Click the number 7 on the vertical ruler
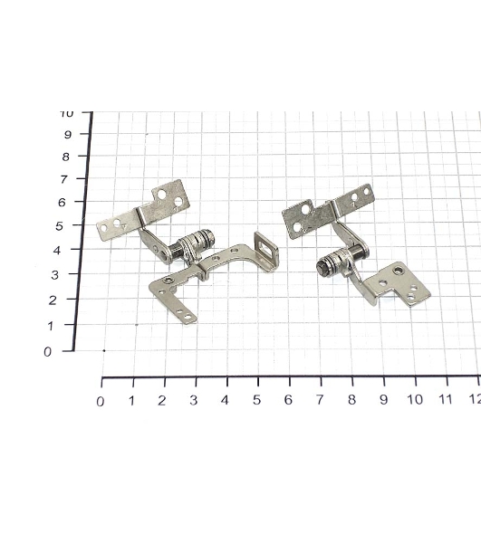click(64, 180)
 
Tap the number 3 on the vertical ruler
click(54, 275)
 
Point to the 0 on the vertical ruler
click(47, 352)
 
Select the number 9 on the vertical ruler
click(68, 134)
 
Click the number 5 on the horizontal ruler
click(256, 400)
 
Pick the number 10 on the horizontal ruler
click(415, 400)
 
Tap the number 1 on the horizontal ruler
click(131, 401)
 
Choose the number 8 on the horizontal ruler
click(351, 400)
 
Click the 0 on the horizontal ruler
click(101, 402)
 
